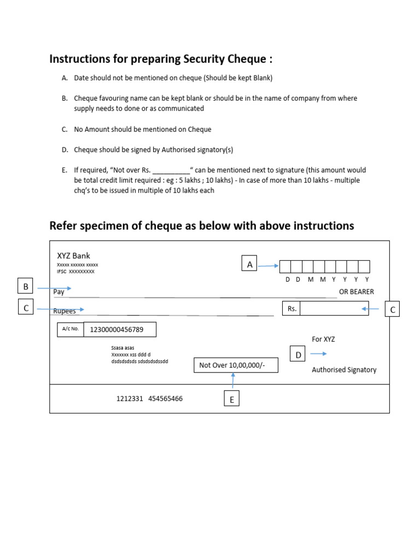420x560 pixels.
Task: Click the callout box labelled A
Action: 250,264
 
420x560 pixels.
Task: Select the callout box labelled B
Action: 26,287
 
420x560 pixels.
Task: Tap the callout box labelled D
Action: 299,355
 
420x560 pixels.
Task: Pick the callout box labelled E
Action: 231,400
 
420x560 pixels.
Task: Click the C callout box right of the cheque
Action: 392,310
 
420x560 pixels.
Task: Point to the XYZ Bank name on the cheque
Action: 74,256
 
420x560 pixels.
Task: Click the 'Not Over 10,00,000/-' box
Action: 236,365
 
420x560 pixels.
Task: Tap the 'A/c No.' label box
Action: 71,329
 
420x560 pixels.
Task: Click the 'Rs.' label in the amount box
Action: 292,308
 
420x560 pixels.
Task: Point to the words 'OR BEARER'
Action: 357,291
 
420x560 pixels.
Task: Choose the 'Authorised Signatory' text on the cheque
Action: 344,370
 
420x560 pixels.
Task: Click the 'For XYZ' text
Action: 323,339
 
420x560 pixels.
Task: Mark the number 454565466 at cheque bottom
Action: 165,399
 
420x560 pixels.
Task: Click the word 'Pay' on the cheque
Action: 59,292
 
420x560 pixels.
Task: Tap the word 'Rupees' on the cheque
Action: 64,311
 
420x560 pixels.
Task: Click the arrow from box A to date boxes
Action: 269,266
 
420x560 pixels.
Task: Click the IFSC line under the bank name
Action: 75,271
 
